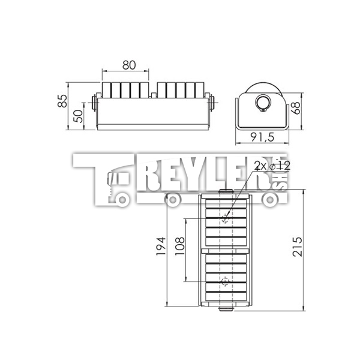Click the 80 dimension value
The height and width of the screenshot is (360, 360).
coord(129,65)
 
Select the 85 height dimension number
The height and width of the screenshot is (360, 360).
coord(62,101)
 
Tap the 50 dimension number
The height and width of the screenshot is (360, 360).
coord(78,116)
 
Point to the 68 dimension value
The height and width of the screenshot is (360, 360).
coord(296,108)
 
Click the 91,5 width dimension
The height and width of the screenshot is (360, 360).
coord(262,137)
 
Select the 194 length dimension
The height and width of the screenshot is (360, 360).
coord(161,246)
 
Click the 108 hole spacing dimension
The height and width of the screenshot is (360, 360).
coord(180,246)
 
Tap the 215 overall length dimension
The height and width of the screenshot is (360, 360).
coord(298,247)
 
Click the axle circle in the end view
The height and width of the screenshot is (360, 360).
coord(263,103)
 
